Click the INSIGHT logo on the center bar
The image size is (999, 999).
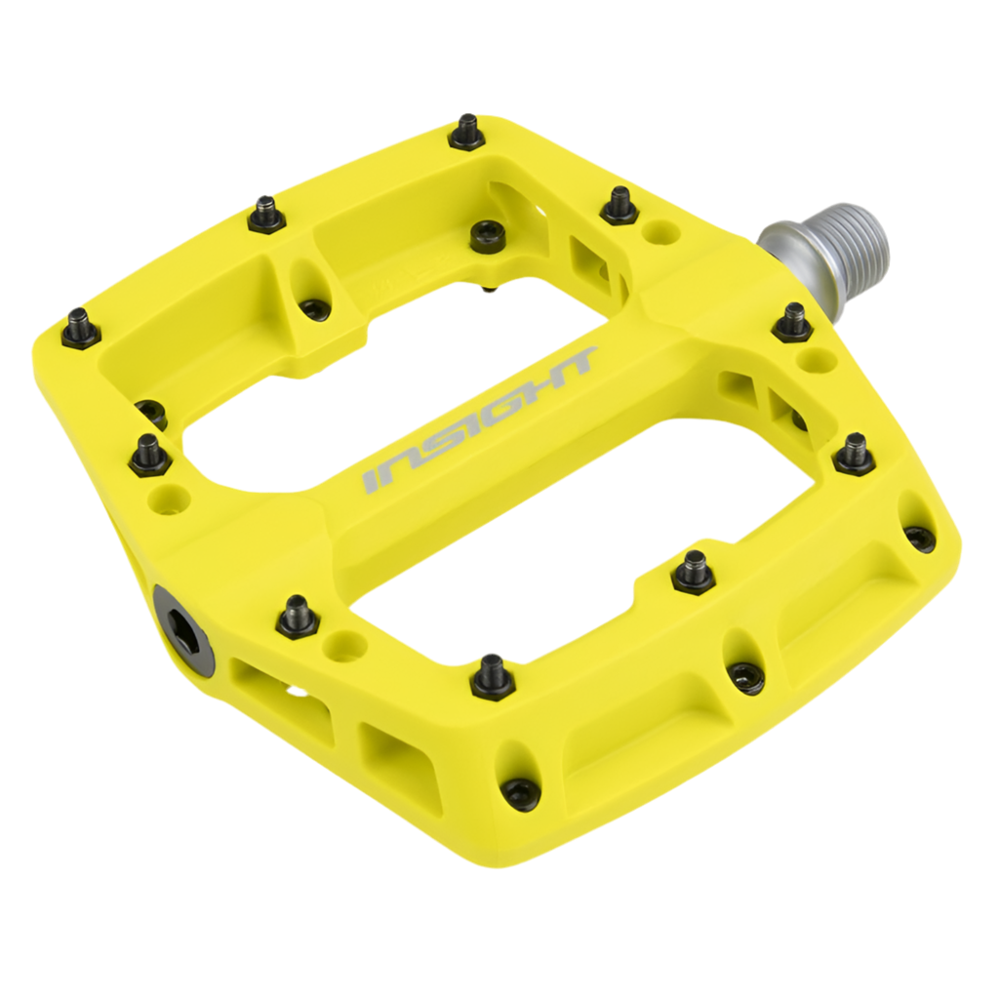click(x=479, y=420)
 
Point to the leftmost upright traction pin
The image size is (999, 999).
click(x=78, y=328)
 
